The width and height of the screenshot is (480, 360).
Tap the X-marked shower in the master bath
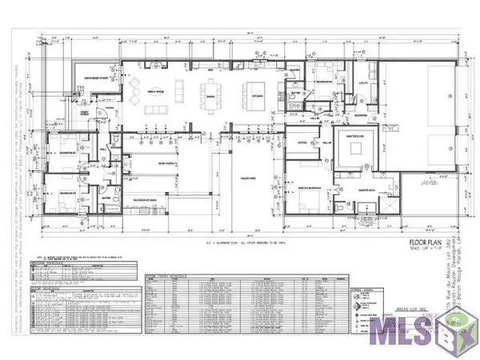click(388, 207)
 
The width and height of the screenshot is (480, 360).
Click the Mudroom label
click(361, 114)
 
